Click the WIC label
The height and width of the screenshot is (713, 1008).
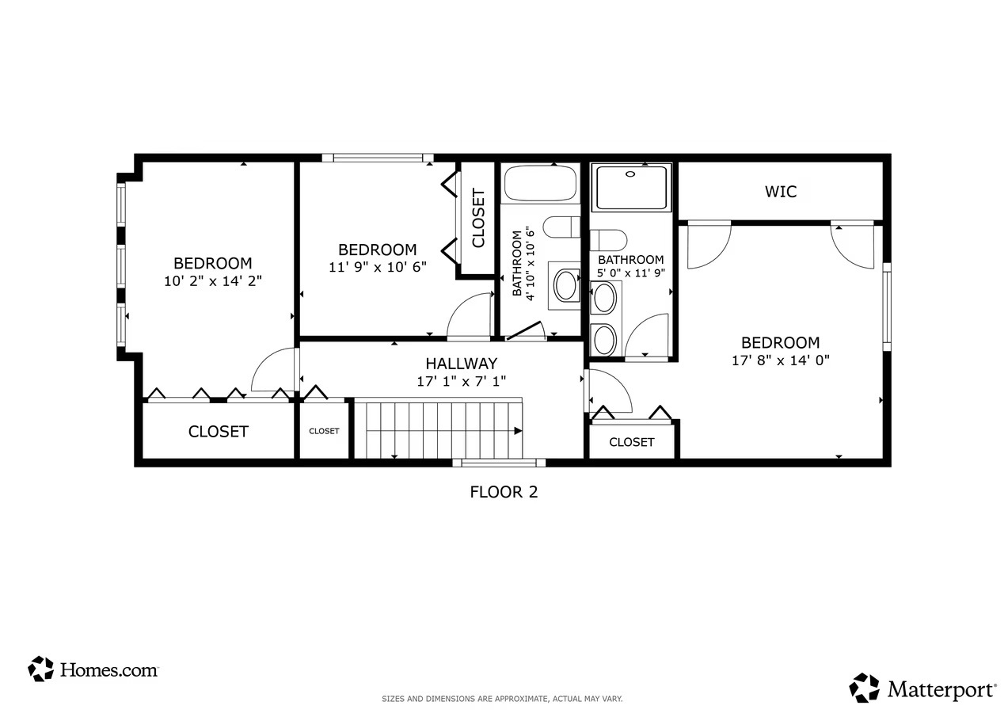pyautogui.click(x=780, y=192)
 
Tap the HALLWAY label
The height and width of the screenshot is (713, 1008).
pyautogui.click(x=462, y=364)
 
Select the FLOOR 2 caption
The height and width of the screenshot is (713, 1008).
pyautogui.click(x=504, y=492)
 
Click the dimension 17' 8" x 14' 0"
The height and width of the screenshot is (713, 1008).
pyautogui.click(x=780, y=360)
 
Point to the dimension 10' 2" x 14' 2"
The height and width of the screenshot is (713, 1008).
pyautogui.click(x=213, y=281)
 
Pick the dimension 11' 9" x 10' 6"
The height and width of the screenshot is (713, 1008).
pyautogui.click(x=378, y=268)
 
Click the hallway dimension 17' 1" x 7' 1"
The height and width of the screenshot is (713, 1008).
pyautogui.click(x=462, y=382)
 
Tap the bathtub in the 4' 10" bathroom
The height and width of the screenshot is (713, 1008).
pyautogui.click(x=540, y=184)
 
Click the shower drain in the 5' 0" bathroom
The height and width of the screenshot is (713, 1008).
pyautogui.click(x=630, y=173)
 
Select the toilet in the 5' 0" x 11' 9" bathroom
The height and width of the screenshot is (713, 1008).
pyautogui.click(x=608, y=241)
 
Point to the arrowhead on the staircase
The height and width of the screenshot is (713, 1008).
pyautogui.click(x=518, y=431)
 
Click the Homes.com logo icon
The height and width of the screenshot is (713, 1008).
pyautogui.click(x=40, y=669)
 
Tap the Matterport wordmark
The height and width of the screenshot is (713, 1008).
pyautogui.click(x=941, y=689)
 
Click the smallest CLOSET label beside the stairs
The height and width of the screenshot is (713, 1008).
pyautogui.click(x=324, y=431)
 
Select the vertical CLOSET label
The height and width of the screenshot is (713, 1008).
pyautogui.click(x=478, y=218)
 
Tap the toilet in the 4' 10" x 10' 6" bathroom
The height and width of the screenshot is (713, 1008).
pyautogui.click(x=561, y=227)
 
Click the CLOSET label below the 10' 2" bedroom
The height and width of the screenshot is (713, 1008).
pyautogui.click(x=219, y=432)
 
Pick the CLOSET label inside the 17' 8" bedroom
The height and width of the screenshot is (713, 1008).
pyautogui.click(x=631, y=442)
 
